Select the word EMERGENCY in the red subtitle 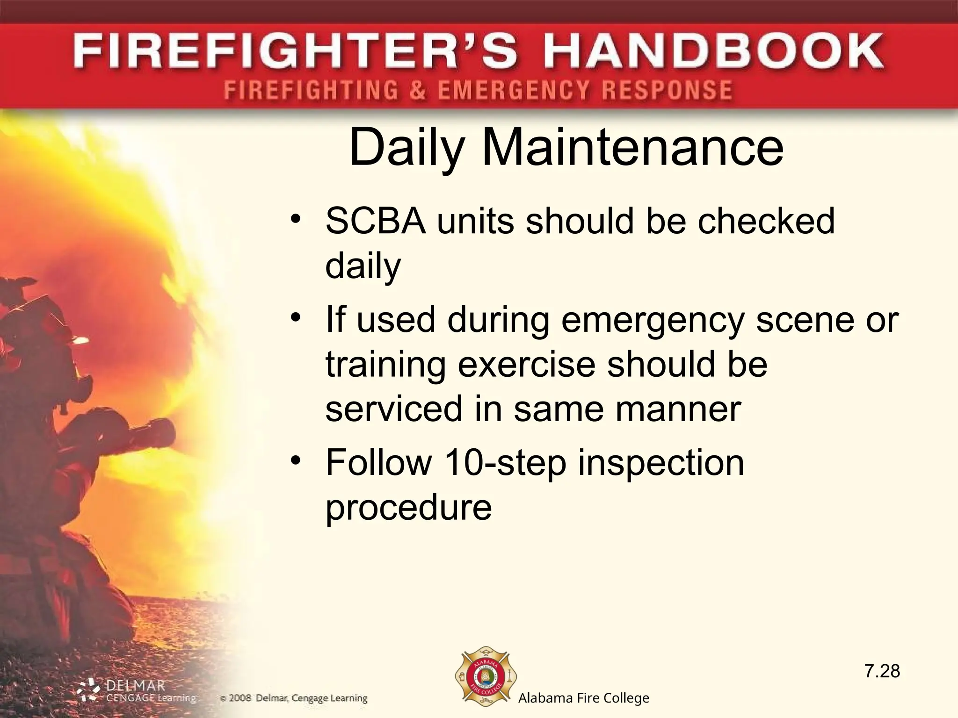click(513, 90)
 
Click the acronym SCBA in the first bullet click(376, 221)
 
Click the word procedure click(408, 508)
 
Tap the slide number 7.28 click(882, 671)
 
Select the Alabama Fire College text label click(583, 698)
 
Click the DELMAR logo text click(135, 686)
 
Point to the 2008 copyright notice click(294, 698)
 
